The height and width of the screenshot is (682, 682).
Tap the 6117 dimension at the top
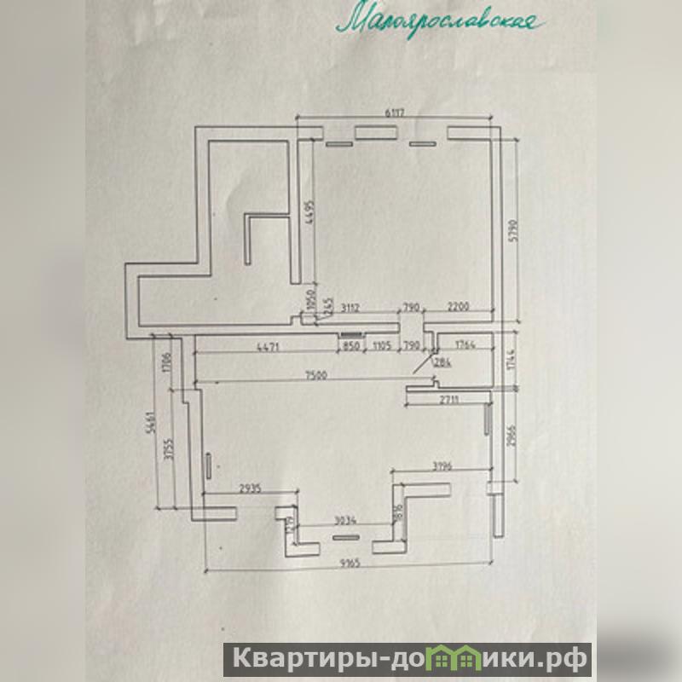[x=394, y=112]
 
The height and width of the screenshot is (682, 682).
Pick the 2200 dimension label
[x=460, y=307]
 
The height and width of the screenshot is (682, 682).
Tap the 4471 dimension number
[x=270, y=346]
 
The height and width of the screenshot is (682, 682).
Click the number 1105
[x=380, y=346]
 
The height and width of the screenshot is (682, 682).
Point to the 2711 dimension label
[x=452, y=399]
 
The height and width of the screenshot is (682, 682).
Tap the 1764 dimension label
[x=465, y=346]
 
